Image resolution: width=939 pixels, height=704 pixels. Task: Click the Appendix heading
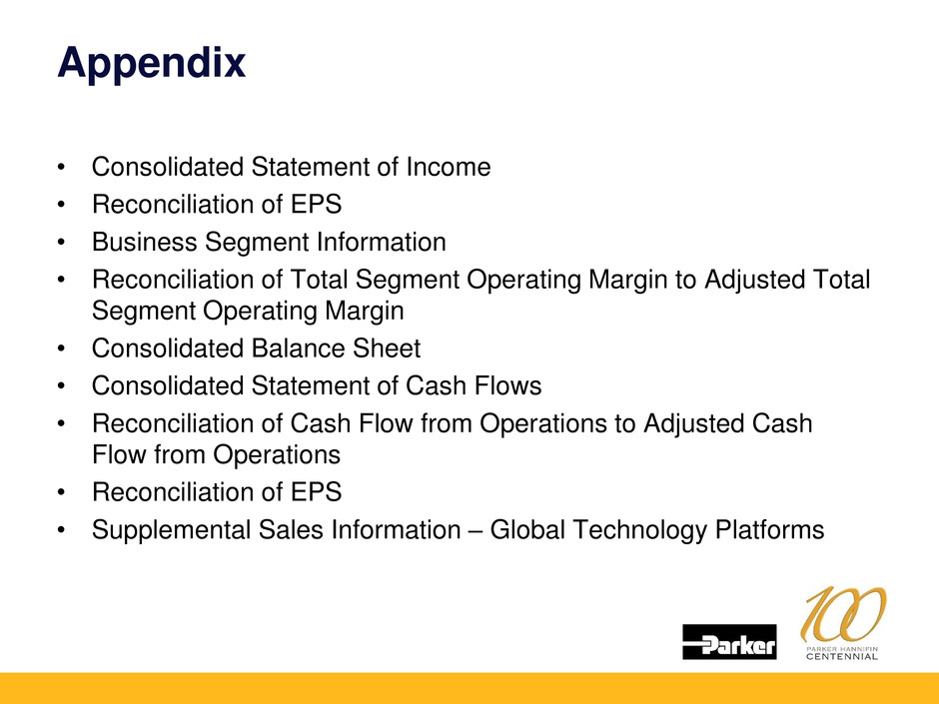coord(152,64)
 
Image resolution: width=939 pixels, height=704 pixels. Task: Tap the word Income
coord(449,167)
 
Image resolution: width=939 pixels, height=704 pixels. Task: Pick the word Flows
coord(507,386)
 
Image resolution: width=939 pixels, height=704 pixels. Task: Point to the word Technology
coord(639,531)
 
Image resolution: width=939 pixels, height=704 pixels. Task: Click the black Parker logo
coord(729,642)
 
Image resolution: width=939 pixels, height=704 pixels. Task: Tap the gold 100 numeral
coord(842,613)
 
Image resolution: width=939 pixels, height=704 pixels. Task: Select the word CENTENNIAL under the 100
coord(841,657)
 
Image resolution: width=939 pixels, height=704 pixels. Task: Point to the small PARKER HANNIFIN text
coord(841,649)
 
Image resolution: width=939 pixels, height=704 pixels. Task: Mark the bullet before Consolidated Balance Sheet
coord(61,349)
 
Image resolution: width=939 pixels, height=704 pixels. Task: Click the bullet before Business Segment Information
coord(61,243)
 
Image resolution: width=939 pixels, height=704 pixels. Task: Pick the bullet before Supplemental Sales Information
coord(61,530)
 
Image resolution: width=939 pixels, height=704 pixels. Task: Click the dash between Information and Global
coord(475,531)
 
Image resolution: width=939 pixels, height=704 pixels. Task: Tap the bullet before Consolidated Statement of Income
coord(61,167)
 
